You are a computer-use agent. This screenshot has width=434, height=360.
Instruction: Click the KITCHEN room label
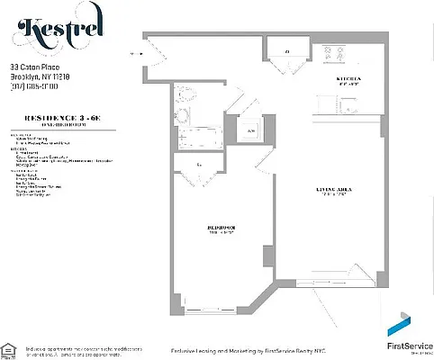[x=348, y=79]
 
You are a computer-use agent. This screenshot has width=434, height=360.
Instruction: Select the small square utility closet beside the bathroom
[x=250, y=130]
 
